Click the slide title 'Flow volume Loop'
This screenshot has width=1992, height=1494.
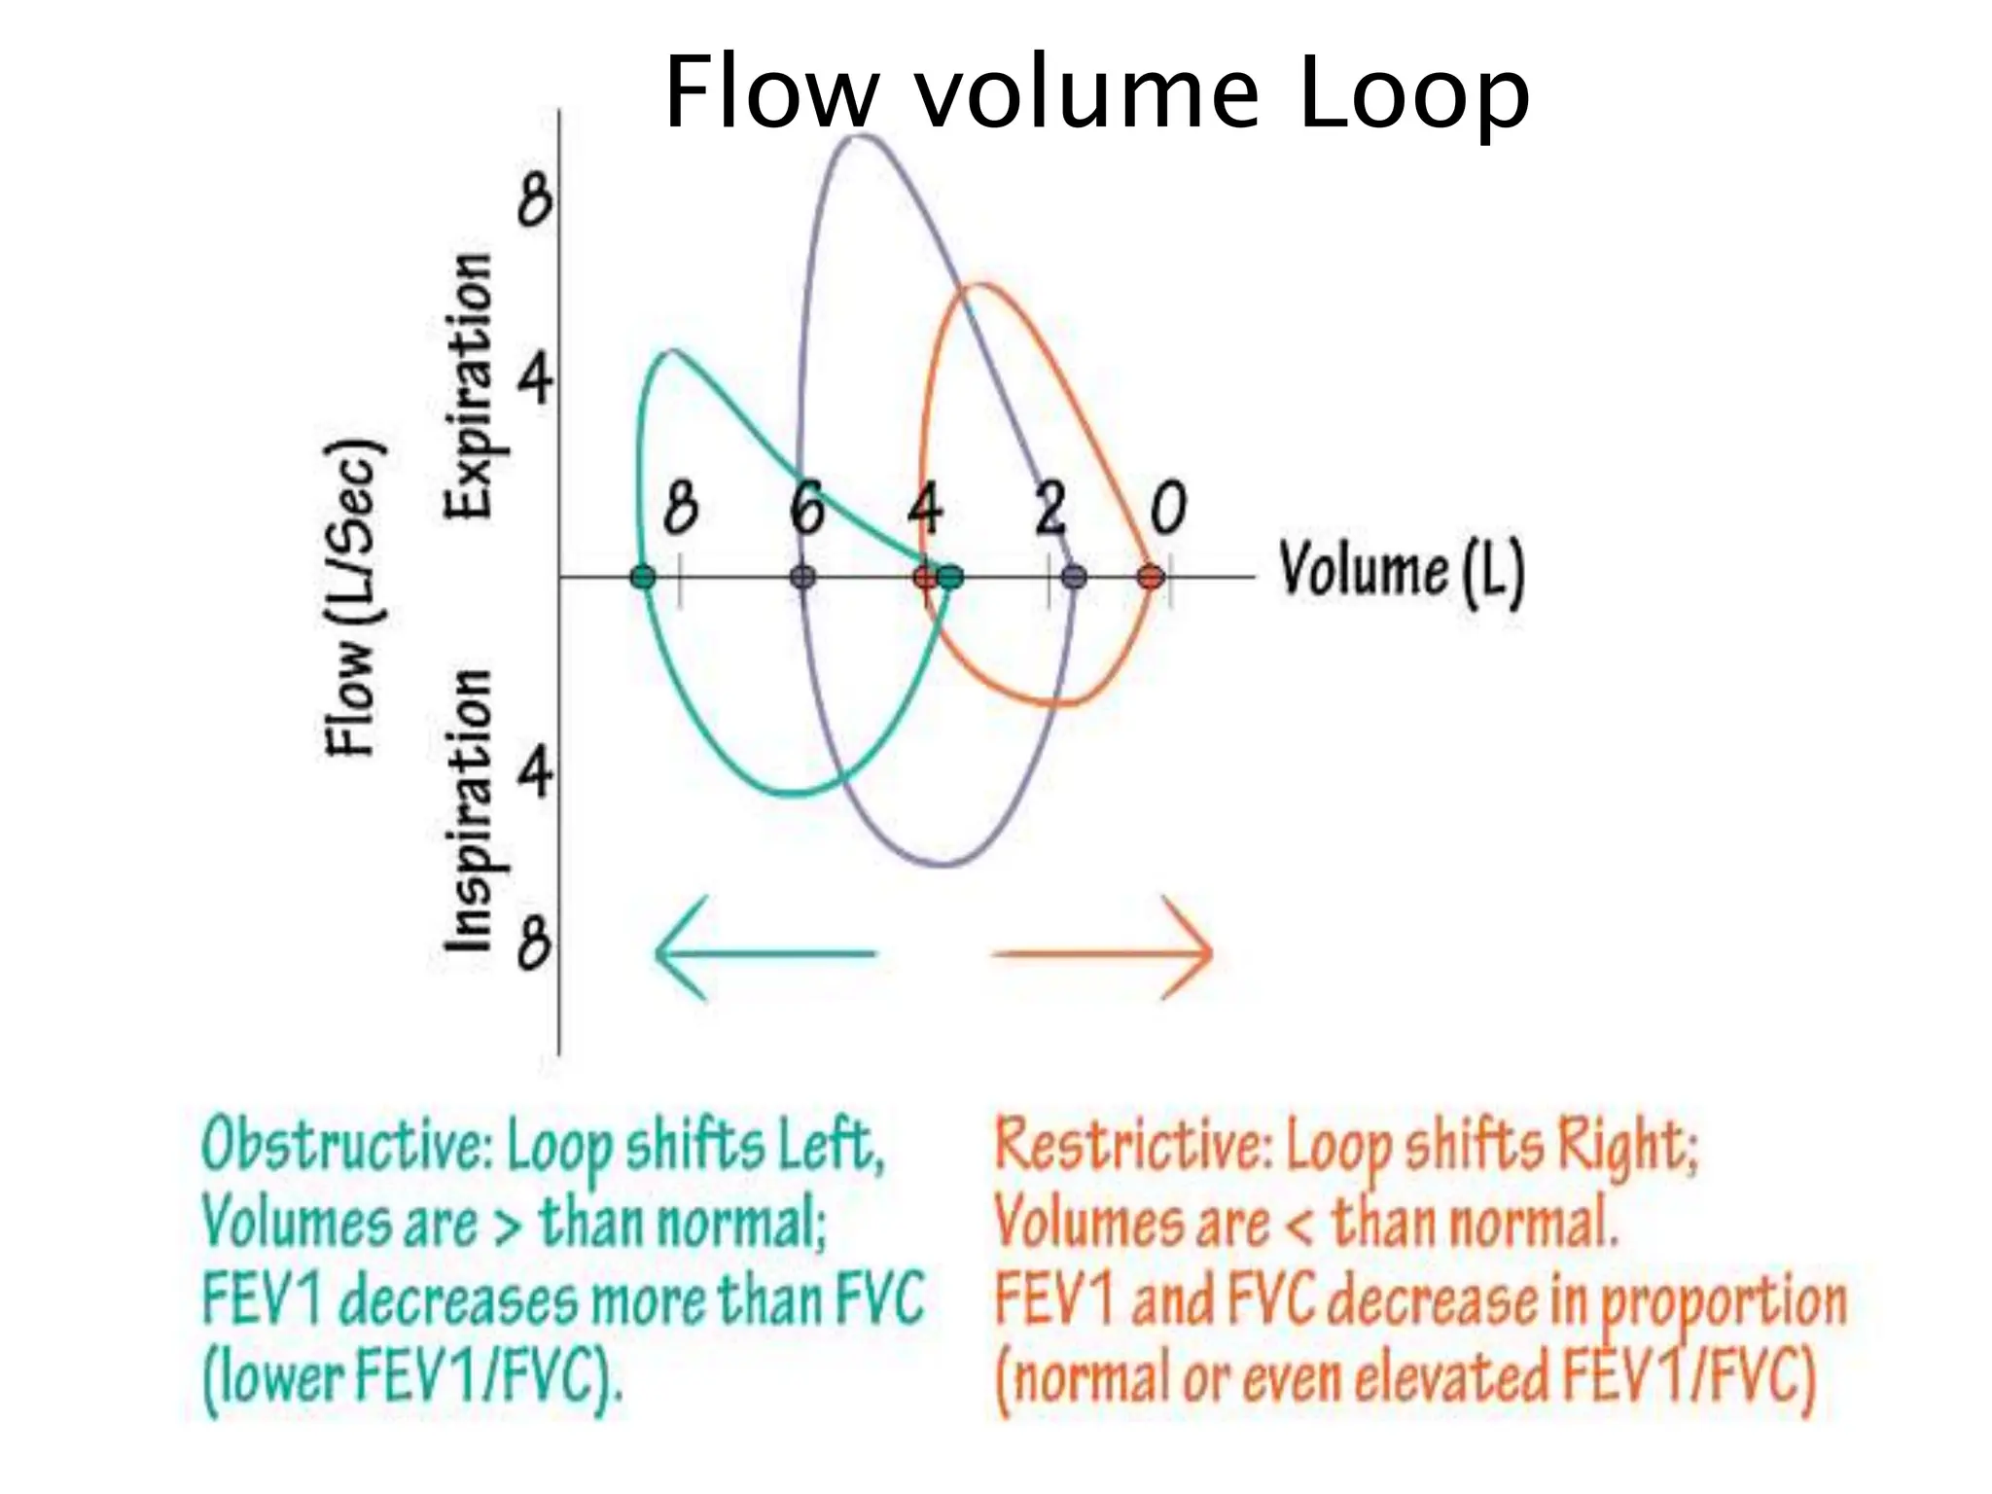coord(1096,92)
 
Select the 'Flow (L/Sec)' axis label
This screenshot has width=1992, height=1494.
coord(352,598)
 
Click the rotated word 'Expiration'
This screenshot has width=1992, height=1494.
coord(469,385)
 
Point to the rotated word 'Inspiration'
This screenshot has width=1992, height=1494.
coord(469,809)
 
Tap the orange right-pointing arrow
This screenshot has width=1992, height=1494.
coord(1103,952)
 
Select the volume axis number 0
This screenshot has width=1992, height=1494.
coord(1168,508)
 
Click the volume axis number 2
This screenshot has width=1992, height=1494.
coord(1049,508)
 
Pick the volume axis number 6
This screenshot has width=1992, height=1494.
coord(806,508)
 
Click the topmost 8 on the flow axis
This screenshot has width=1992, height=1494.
coord(534,200)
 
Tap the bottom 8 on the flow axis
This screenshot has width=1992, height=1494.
coord(534,943)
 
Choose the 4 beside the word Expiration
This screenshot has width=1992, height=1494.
coord(534,379)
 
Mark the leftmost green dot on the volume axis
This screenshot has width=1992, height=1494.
coord(643,578)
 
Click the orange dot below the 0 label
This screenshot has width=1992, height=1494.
coord(1150,578)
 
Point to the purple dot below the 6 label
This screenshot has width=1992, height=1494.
coord(802,578)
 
